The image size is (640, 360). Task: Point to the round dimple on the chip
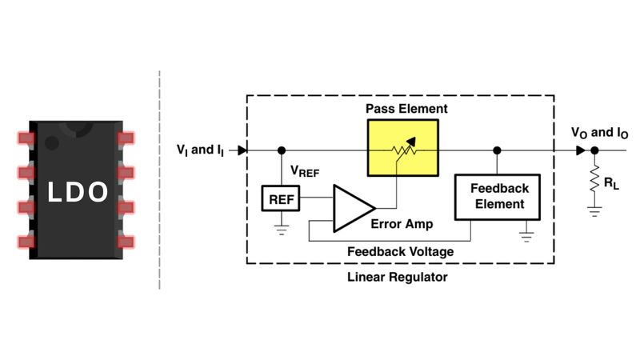52,143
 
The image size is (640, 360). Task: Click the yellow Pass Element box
402,149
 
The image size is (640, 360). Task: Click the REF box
281,198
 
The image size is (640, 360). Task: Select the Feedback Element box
497,197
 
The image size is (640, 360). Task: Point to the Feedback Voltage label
400,251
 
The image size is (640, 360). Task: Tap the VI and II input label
202,149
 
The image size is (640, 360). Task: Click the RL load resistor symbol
594,182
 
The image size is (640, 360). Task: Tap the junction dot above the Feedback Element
497,150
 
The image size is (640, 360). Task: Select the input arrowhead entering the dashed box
242,150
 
